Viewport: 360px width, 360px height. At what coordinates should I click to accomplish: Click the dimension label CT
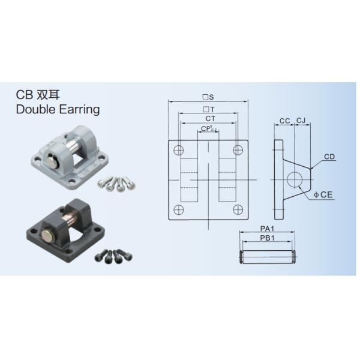click(211, 119)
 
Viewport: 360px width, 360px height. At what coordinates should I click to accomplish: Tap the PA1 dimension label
click(267, 229)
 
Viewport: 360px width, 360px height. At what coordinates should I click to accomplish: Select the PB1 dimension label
click(267, 238)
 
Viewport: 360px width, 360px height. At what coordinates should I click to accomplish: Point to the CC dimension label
click(284, 121)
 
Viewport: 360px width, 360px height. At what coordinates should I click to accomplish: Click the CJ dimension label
click(301, 121)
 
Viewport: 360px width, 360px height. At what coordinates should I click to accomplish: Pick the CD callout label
click(329, 157)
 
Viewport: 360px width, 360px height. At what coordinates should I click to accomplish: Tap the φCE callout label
click(323, 194)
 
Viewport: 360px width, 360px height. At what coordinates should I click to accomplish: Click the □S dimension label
click(208, 97)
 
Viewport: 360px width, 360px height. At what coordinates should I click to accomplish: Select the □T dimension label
click(209, 109)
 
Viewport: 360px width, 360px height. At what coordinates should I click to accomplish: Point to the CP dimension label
click(208, 128)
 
